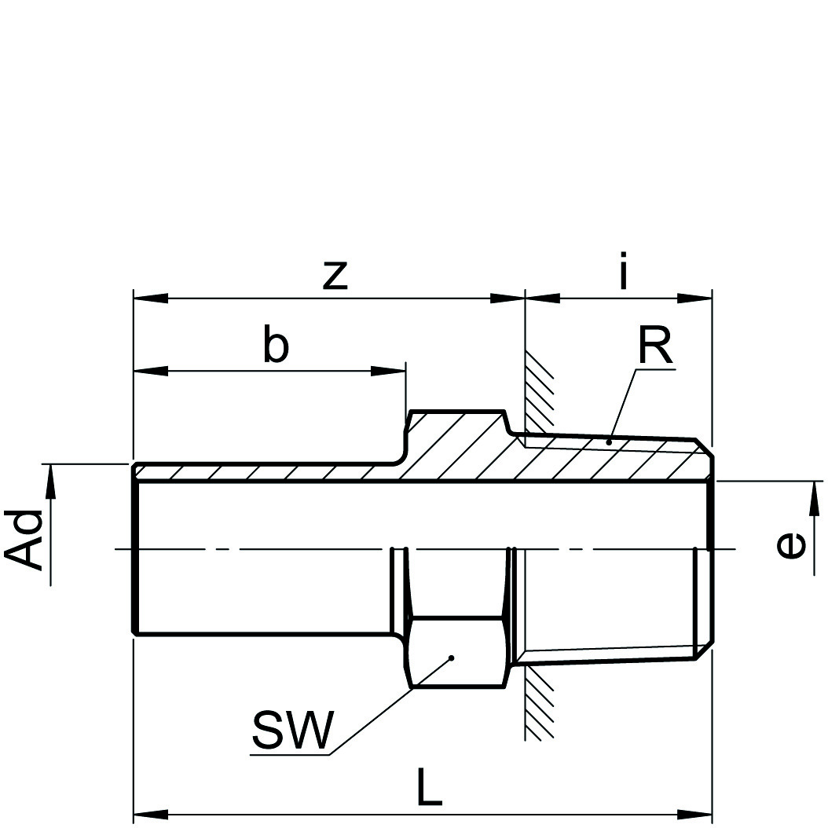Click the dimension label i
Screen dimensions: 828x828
(x=623, y=274)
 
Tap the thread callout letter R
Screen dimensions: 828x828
(x=655, y=346)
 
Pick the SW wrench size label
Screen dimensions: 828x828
(x=292, y=731)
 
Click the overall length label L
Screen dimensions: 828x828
(x=429, y=790)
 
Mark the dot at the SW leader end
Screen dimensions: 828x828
(x=452, y=658)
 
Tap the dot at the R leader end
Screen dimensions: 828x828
(x=610, y=443)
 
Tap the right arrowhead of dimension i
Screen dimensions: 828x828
(x=694, y=299)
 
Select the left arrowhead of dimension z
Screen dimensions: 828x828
(x=151, y=299)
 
